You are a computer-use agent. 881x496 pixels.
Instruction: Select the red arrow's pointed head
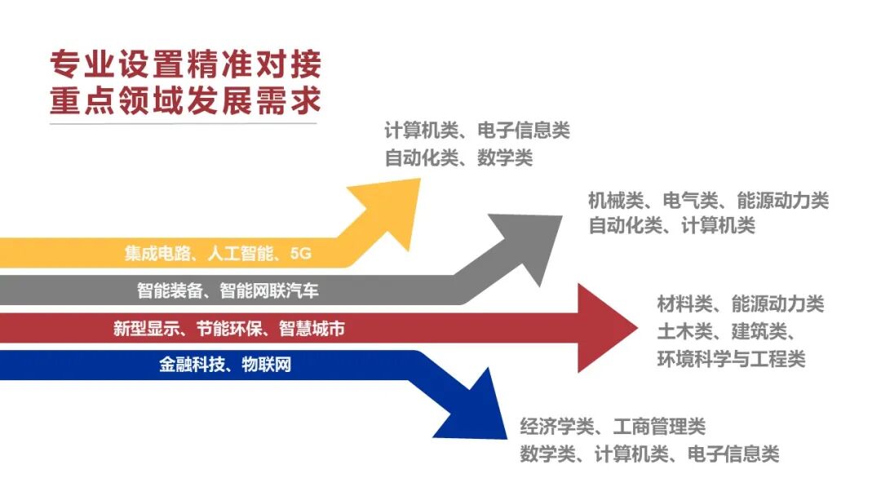click(604, 328)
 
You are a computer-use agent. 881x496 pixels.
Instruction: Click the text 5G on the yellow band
click(300, 254)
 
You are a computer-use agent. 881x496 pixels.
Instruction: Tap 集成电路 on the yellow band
click(156, 254)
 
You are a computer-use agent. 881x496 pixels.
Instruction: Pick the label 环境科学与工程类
click(731, 358)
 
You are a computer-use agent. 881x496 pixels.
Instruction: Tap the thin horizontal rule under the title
click(183, 124)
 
